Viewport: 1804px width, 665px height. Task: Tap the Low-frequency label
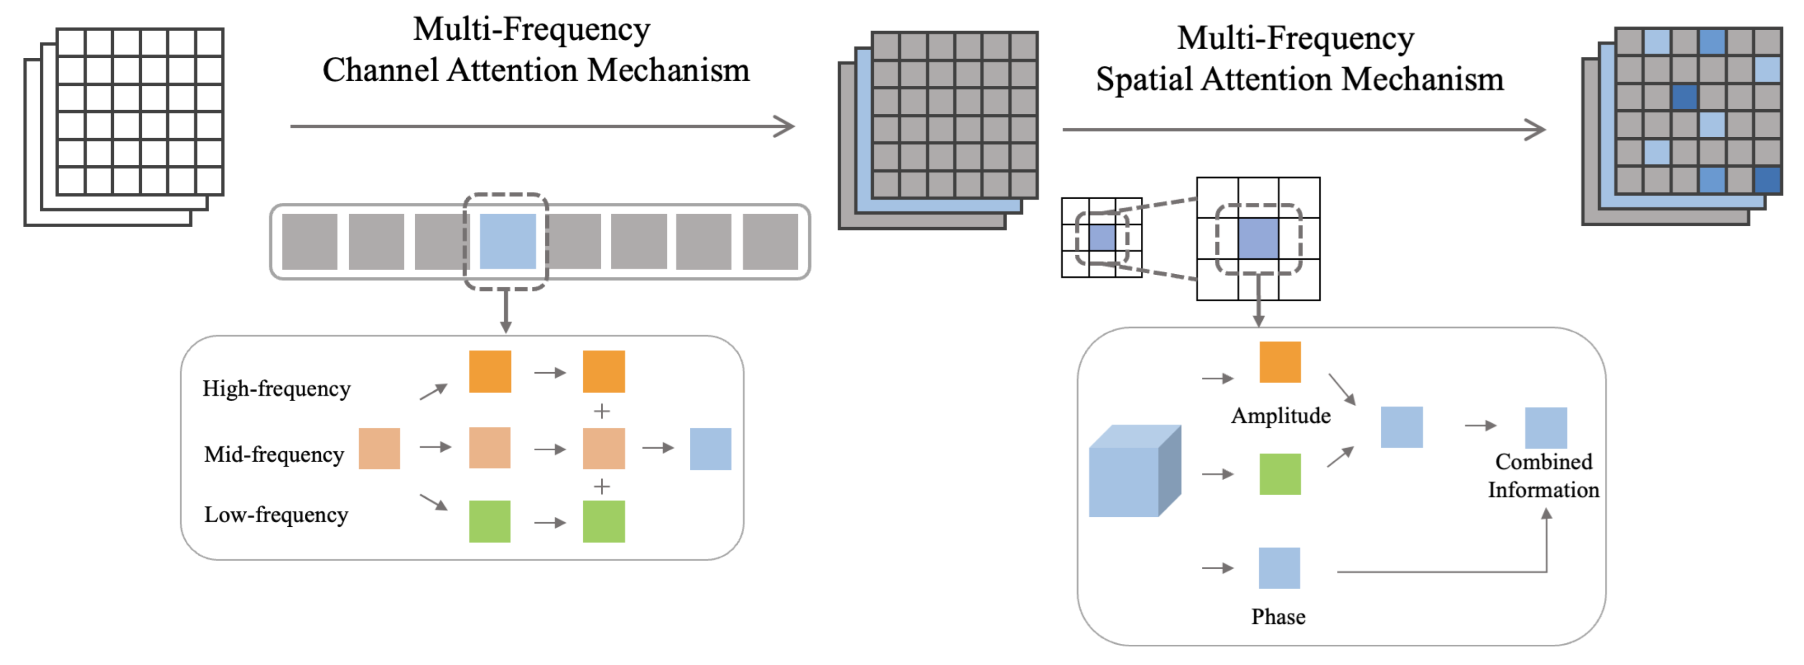coord(276,514)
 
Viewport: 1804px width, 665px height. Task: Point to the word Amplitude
coord(1281,416)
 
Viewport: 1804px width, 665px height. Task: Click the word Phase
coord(1278,617)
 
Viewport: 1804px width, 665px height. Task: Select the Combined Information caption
coord(1543,475)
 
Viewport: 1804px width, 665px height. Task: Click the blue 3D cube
coord(1135,471)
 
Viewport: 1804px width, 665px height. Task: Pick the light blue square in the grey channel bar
coord(507,242)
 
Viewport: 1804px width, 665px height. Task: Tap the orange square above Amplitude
coord(1279,362)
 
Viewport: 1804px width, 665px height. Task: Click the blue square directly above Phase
coord(1279,568)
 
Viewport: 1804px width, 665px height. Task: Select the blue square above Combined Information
coord(1546,427)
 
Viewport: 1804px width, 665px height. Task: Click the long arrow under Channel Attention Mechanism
coord(543,126)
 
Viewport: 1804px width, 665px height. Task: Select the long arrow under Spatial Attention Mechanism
coord(1304,130)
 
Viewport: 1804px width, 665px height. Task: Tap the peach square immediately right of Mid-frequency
coord(379,449)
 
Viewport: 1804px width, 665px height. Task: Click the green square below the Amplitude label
coord(1279,475)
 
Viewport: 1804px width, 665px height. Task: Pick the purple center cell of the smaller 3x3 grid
coord(1101,238)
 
